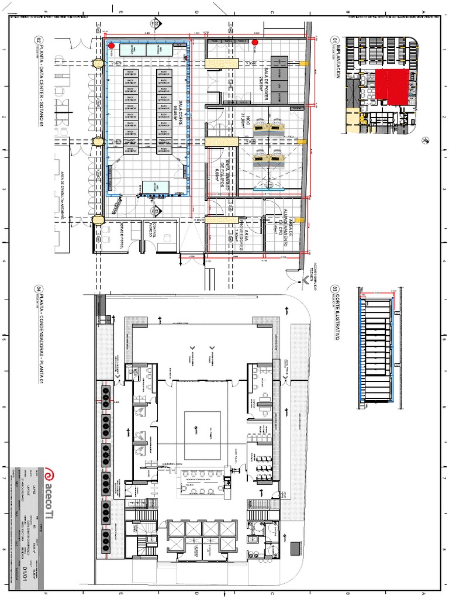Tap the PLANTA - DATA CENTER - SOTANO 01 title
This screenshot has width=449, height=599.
click(40, 82)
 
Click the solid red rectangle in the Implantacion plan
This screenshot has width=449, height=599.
click(390, 85)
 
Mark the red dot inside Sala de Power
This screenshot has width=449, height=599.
click(255, 42)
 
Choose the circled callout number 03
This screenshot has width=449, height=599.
click(335, 289)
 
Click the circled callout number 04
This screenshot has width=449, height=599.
click(39, 288)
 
